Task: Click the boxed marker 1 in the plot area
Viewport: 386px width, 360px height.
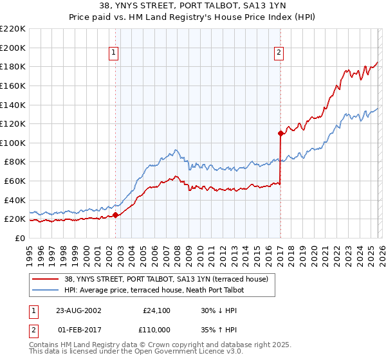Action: tap(113, 53)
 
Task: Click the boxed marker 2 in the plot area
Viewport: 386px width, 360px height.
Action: tap(279, 53)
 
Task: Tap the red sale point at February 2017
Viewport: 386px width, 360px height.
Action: tap(280, 134)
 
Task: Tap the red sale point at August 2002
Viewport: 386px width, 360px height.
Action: tap(116, 215)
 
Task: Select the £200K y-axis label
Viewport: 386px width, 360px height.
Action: tap(13, 48)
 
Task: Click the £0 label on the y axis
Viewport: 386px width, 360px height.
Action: tap(19, 238)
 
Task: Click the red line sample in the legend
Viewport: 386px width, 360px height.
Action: tap(46, 279)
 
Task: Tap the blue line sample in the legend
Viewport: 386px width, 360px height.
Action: tap(46, 290)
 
